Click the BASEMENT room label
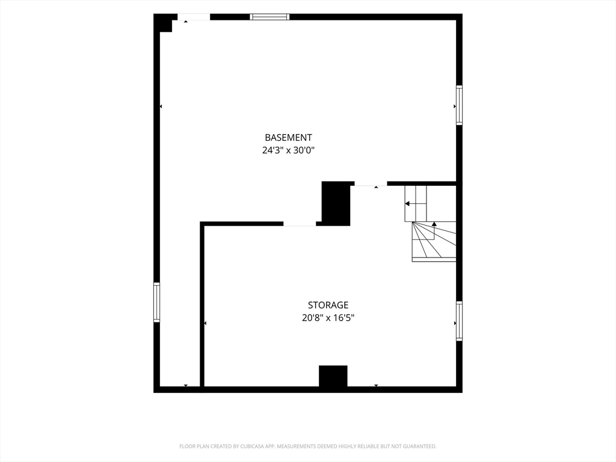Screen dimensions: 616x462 point(288,138)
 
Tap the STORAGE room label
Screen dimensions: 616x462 point(328,305)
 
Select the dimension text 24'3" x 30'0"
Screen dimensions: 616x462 point(288,150)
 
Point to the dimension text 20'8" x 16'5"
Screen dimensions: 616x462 point(328,318)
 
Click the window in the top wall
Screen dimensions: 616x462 point(269,17)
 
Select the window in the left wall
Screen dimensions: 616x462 point(157,302)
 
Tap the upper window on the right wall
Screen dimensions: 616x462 point(459,105)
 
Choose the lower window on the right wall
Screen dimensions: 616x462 point(459,321)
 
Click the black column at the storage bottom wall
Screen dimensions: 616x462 point(333,377)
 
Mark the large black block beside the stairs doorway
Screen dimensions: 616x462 point(336,203)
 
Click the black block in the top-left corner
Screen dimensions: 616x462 point(164,23)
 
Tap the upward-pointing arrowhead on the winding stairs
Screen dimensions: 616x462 point(434,224)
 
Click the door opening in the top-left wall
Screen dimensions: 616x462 point(194,17)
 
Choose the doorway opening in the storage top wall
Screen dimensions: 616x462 point(300,224)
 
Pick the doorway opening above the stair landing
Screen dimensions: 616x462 point(371,184)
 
